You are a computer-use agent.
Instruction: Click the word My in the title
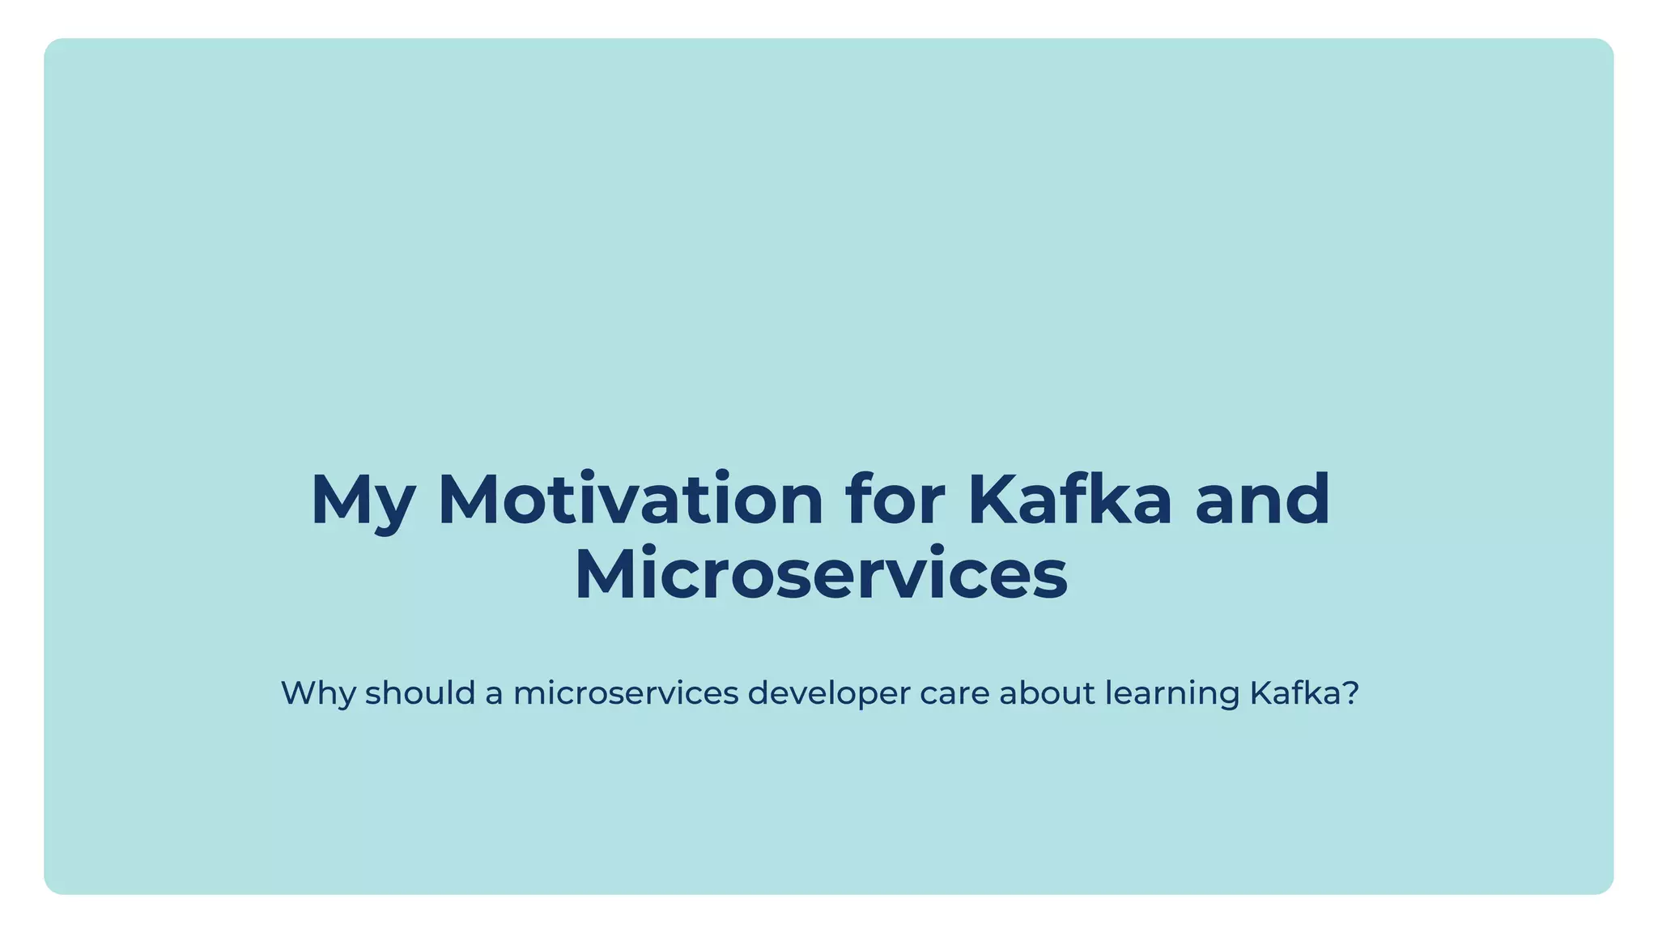362,501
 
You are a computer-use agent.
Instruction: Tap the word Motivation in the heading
631,500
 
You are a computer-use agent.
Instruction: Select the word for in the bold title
895,500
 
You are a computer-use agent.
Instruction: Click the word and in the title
1262,500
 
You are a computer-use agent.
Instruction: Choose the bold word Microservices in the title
821,574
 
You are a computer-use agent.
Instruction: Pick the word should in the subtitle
420,693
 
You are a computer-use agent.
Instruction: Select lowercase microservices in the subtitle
626,693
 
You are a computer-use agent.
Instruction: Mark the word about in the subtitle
1047,693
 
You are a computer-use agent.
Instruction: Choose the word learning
1172,694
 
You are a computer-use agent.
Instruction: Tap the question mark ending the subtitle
1350,693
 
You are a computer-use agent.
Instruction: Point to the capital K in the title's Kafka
992,500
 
